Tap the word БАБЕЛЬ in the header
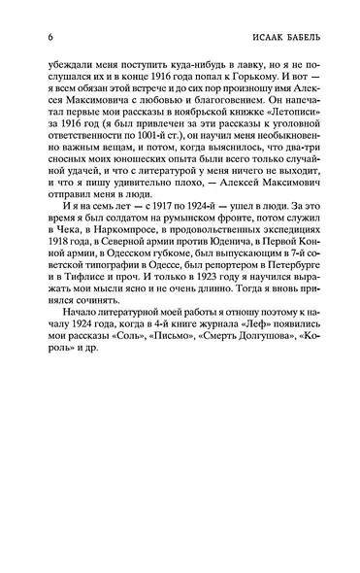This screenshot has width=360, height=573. pos(293,38)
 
